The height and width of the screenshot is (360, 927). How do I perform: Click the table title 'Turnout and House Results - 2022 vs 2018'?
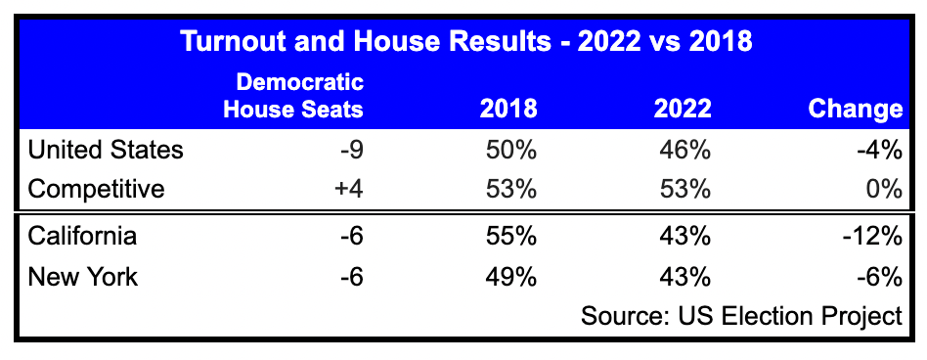pos(463,43)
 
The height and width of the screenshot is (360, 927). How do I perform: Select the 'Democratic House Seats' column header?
pos(293,95)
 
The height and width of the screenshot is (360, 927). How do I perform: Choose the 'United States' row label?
pos(106,150)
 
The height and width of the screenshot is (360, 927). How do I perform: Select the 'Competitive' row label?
pos(96,189)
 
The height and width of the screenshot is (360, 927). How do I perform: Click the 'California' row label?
pos(83,237)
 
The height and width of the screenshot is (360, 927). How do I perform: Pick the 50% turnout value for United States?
pos(510,150)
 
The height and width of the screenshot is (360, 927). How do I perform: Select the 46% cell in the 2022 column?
pos(684,150)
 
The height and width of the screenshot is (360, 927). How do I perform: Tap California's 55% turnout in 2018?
pos(510,237)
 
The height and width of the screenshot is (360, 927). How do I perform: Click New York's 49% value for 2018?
pos(510,277)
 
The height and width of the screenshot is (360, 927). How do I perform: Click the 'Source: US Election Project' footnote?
pos(740,316)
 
